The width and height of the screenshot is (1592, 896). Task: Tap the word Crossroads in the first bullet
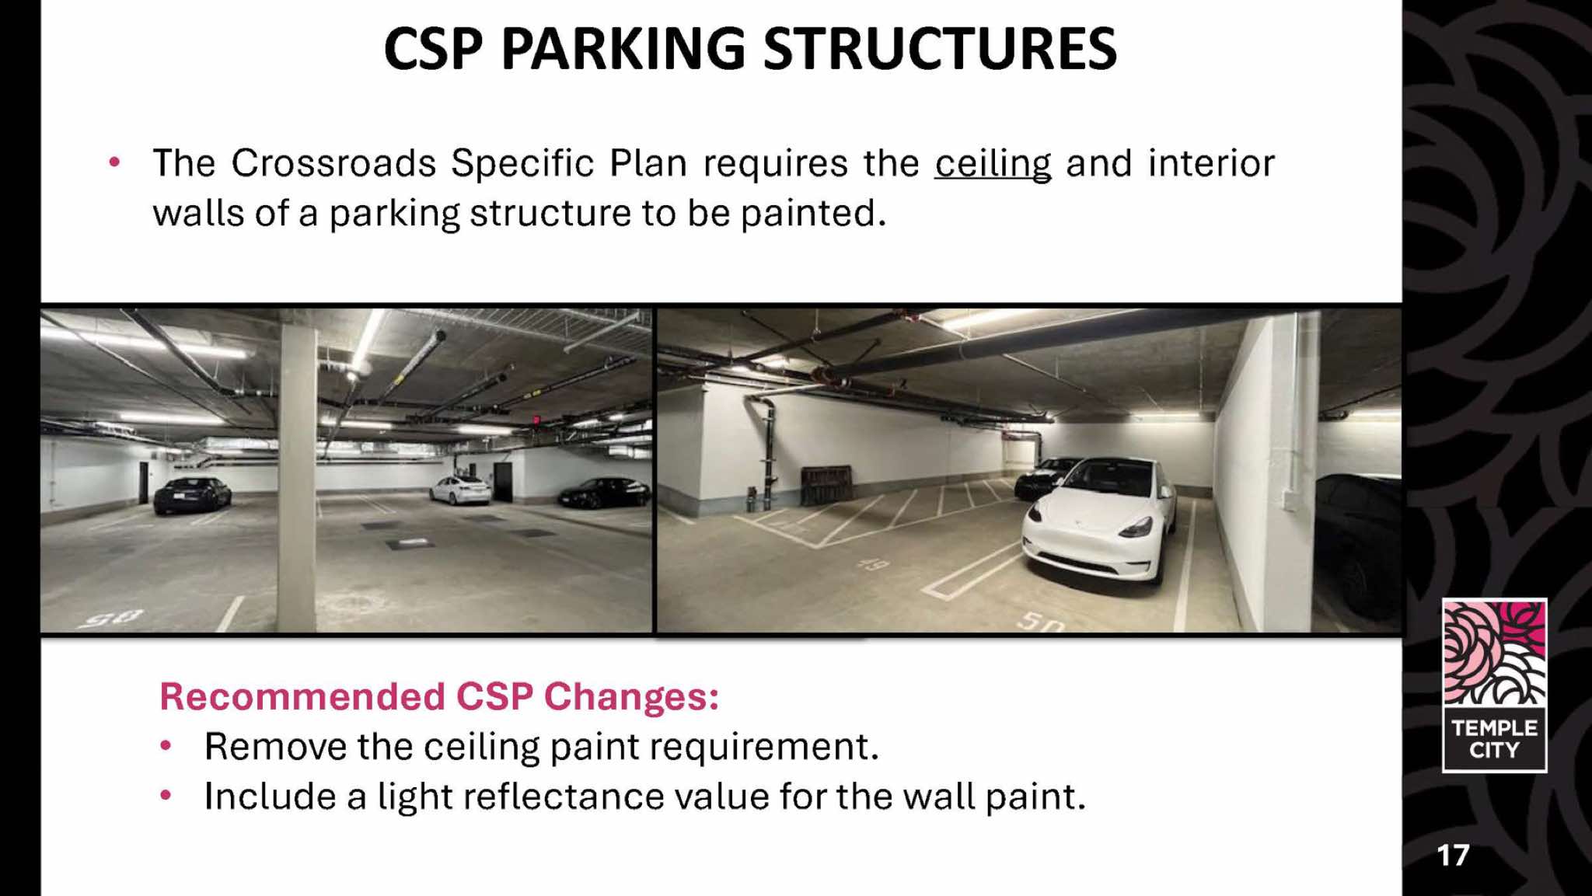pyautogui.click(x=334, y=163)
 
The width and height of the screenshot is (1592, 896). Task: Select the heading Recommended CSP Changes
pyautogui.click(x=439, y=696)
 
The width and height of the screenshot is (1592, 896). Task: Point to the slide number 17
pyautogui.click(x=1453, y=856)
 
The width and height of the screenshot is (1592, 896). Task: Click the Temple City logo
pyautogui.click(x=1494, y=685)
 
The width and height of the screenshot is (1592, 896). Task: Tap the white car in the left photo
pyautogui.click(x=461, y=490)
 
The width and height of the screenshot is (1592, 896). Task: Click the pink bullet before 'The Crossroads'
pyautogui.click(x=115, y=162)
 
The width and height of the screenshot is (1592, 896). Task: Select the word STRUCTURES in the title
pyautogui.click(x=940, y=49)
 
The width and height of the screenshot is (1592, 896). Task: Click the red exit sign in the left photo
pyautogui.click(x=536, y=420)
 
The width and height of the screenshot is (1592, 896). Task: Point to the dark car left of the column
pyautogui.click(x=192, y=495)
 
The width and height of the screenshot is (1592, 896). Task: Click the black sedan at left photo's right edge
pyautogui.click(x=605, y=493)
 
